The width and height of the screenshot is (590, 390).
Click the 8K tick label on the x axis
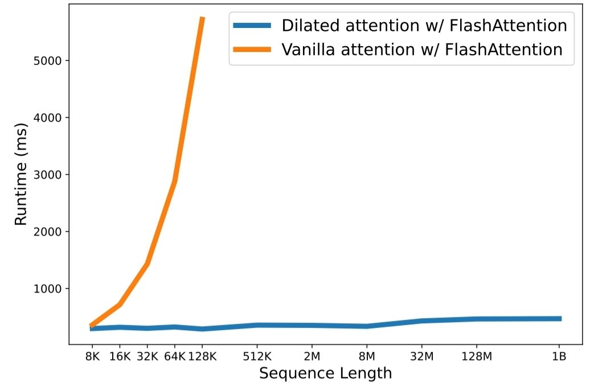[x=92, y=357]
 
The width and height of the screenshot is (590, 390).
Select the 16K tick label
[x=119, y=357]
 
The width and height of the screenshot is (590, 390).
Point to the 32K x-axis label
[x=147, y=357]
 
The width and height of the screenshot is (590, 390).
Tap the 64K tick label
[x=174, y=357]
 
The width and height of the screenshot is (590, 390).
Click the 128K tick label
[x=202, y=357]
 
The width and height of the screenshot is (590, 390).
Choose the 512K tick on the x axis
[x=257, y=357]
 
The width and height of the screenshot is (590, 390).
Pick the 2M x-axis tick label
[x=312, y=357]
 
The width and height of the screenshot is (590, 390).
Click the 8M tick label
[x=367, y=357]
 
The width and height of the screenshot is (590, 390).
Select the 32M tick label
[x=421, y=357]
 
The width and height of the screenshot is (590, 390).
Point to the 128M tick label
[x=477, y=357]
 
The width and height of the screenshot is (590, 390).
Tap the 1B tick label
[x=559, y=357]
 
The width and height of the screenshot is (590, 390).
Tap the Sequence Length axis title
[x=325, y=373]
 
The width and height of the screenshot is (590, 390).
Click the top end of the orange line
[x=202, y=18]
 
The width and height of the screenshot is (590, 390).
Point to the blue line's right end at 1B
[x=560, y=319]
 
